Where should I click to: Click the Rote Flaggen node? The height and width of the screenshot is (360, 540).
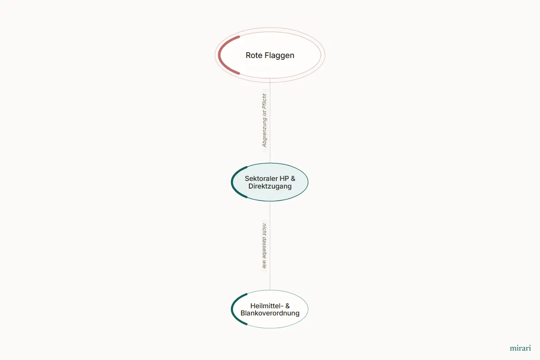pyautogui.click(x=270, y=55)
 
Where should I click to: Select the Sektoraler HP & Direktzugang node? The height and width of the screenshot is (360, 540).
pyautogui.click(x=270, y=182)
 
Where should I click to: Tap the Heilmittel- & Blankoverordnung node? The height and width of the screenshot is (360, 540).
pyautogui.click(x=270, y=309)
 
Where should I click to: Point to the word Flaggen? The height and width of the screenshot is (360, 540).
pyautogui.click(x=279, y=56)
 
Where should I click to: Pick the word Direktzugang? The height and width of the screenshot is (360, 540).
pyautogui.click(x=270, y=186)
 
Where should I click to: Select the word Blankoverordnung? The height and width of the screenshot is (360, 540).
pyautogui.click(x=270, y=313)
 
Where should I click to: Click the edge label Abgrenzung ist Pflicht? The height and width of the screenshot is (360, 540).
pyautogui.click(x=265, y=120)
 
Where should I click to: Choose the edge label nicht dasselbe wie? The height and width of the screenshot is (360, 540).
pyautogui.click(x=265, y=246)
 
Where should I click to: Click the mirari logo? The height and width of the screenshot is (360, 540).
pyautogui.click(x=520, y=348)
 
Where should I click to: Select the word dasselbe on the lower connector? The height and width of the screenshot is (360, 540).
pyautogui.click(x=265, y=247)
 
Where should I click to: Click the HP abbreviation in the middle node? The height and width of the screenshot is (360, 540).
pyautogui.click(x=284, y=179)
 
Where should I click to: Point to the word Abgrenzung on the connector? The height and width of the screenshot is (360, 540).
pyautogui.click(x=265, y=132)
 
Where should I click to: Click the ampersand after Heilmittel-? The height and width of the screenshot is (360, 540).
pyautogui.click(x=288, y=306)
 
